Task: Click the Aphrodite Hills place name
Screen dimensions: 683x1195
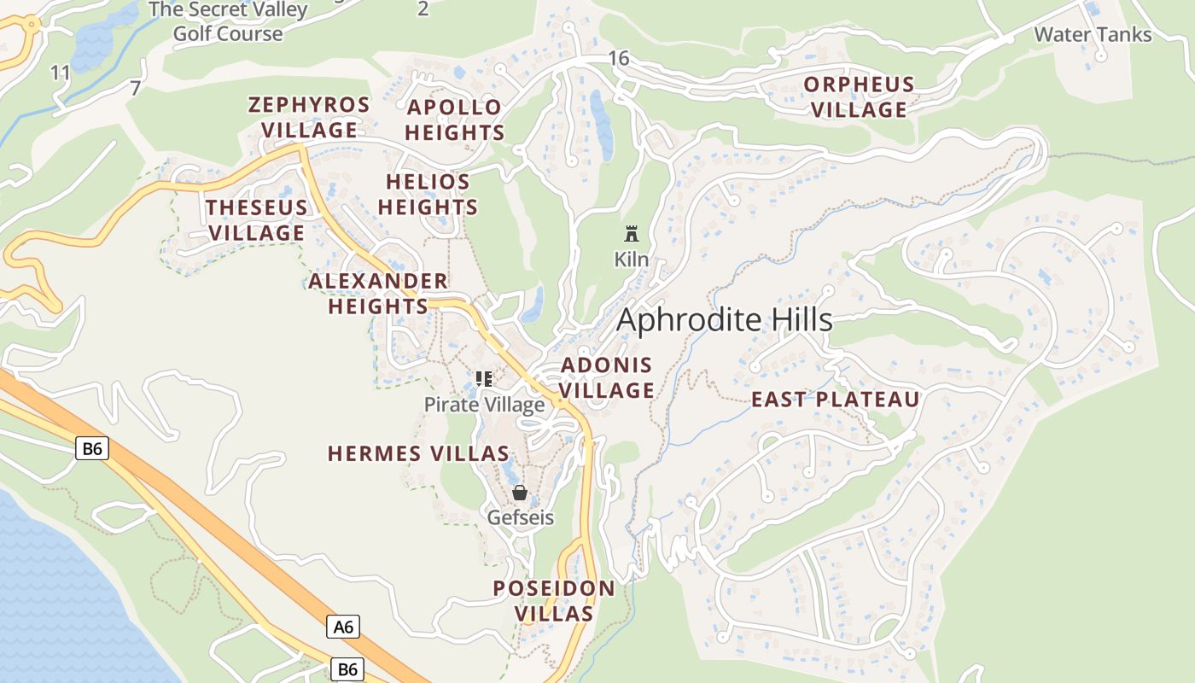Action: (724, 320)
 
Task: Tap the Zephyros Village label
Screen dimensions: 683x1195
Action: (309, 118)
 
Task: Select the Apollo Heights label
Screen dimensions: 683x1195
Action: (455, 120)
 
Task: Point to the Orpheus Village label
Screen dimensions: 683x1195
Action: (860, 97)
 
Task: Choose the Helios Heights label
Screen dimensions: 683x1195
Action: (428, 195)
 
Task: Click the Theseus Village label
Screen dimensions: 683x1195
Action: (257, 220)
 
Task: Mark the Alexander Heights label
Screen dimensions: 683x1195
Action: (378, 294)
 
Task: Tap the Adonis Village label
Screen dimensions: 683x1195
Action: (607, 378)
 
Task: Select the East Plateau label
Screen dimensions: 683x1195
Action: (836, 400)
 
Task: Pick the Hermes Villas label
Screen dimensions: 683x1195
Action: (418, 453)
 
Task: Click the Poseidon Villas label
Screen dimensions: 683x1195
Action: (554, 601)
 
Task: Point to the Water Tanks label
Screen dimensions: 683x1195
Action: (1093, 35)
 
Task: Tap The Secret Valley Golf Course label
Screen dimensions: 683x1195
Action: (228, 22)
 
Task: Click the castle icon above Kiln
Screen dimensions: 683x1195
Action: (632, 233)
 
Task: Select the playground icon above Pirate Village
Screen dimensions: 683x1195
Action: (484, 378)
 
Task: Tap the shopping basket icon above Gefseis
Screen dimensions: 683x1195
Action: (520, 493)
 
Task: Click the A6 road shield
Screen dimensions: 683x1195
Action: (343, 628)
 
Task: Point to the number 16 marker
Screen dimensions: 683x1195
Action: (619, 58)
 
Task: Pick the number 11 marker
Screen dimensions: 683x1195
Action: (60, 73)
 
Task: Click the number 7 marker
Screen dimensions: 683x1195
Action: (135, 88)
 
